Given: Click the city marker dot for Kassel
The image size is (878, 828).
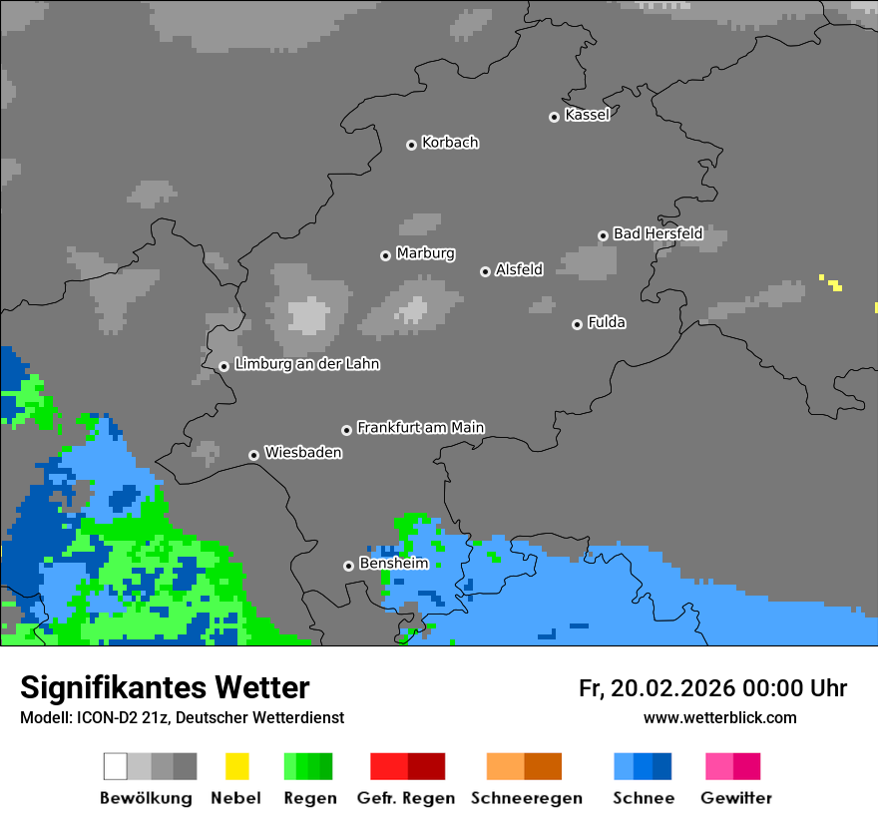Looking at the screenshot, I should pos(554,117).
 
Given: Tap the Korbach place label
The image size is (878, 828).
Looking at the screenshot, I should pos(450,143).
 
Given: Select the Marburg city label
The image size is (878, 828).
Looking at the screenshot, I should pos(425,253).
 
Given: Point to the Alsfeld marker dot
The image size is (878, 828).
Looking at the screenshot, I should pos(485,271).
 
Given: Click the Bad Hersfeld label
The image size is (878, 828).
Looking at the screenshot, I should pos(658,233).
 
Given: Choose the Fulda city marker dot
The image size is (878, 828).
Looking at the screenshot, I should pos(577,324).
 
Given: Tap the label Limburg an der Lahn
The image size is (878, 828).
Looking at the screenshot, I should pos(306,364).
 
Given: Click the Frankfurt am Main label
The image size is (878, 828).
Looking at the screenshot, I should pos(420,427).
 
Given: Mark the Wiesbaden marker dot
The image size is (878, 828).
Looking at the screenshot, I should pos(253,455).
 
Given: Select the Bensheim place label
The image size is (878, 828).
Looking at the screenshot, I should pos(393,564).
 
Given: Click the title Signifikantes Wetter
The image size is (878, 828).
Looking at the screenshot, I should pos(165,687).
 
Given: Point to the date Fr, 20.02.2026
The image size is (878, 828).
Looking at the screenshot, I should pos(656,688).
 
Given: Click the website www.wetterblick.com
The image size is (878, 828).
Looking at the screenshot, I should pos(719,717).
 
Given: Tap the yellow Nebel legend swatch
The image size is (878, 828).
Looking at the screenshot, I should pos(236,766).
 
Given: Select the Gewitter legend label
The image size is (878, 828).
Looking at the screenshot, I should pos(735,798).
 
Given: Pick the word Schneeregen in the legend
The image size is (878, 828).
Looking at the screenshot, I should pos(527,798).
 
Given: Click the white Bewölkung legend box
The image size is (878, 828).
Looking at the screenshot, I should pos(116,766).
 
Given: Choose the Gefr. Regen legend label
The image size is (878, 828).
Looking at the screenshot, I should pos(406,798).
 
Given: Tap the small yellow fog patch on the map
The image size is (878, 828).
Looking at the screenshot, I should pos(834,285).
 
